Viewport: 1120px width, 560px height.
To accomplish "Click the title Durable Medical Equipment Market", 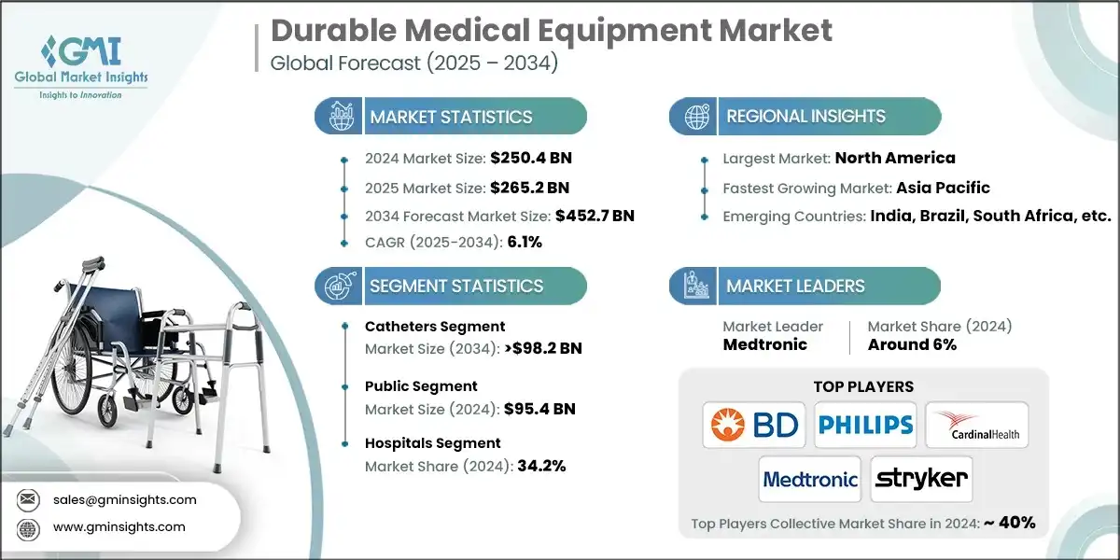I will [x=551, y=31].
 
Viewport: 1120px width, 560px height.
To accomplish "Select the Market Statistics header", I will [x=451, y=117].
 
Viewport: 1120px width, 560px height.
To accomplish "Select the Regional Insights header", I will [x=805, y=117].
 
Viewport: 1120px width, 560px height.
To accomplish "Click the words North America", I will [x=894, y=159].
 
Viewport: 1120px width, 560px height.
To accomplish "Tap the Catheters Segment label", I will [x=435, y=327].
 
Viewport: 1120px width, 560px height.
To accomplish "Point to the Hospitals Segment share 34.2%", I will [x=535, y=466].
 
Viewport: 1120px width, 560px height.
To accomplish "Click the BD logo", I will [x=754, y=426].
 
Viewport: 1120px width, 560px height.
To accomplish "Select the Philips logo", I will [x=865, y=426].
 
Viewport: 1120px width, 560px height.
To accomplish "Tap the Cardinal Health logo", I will [x=976, y=426].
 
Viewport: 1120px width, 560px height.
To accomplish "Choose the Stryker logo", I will [x=920, y=480].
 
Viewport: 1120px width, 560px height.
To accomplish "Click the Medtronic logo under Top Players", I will [x=809, y=480].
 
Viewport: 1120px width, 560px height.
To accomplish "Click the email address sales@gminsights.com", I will [x=125, y=499].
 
